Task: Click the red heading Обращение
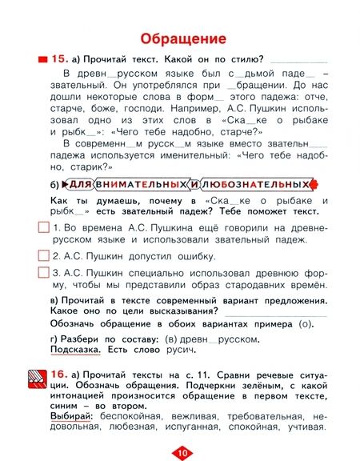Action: click(181, 37)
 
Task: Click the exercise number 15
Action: click(61, 59)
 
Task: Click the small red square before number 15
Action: click(41, 60)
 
